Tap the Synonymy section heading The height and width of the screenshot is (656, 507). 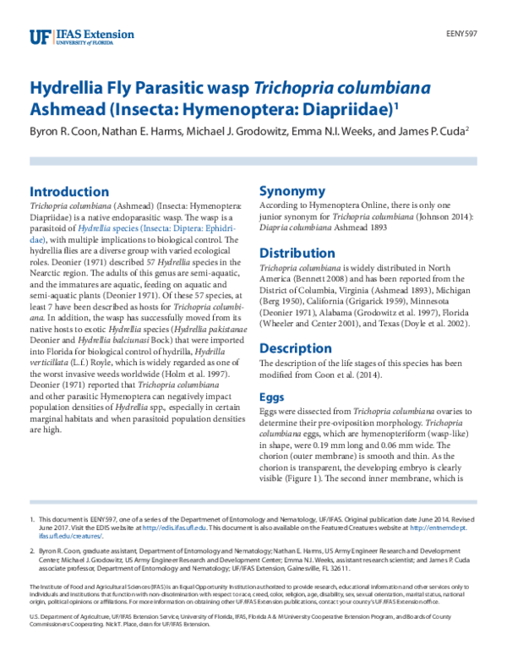[x=292, y=191]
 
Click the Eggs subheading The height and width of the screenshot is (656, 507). [x=272, y=396]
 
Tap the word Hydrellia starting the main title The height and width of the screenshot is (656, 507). [x=64, y=88]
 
